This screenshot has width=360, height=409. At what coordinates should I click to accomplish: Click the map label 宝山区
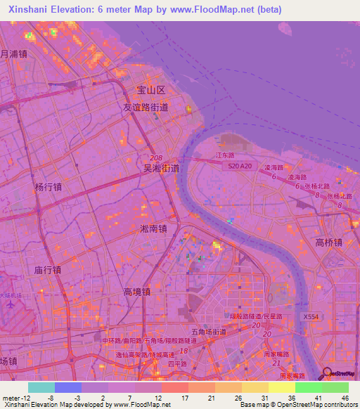(150, 91)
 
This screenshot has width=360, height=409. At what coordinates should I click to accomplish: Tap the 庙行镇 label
(47, 269)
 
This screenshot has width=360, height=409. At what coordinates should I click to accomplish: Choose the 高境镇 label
(137, 292)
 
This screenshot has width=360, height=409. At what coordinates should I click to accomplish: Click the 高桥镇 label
(328, 242)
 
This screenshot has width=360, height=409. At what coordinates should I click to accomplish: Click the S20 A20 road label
(239, 166)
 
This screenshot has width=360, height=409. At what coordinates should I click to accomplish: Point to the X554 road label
(310, 318)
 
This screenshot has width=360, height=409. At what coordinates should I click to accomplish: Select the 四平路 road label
(179, 363)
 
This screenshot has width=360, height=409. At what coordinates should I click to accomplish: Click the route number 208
(156, 159)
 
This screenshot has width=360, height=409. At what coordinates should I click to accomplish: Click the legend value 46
(345, 397)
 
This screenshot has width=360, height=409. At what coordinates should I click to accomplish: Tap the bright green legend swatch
(308, 387)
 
